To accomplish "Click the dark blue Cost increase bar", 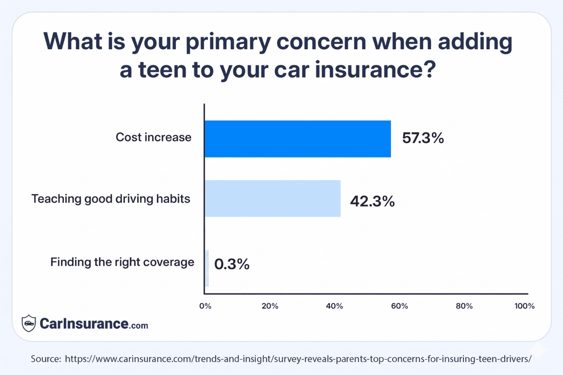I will (297, 139).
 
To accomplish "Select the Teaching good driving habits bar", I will (272, 198).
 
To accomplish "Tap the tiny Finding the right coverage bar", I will (207, 268).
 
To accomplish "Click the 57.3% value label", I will (423, 138).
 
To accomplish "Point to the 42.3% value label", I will (372, 201).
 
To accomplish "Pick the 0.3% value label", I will (232, 264).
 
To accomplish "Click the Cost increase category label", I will (153, 137).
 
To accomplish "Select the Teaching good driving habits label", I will (111, 199).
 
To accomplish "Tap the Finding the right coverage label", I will (122, 262).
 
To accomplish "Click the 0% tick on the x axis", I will (205, 306).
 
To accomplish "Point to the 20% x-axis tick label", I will (270, 306).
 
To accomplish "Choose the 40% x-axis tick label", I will (334, 306).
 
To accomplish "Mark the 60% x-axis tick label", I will (399, 306).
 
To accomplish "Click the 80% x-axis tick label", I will (464, 306).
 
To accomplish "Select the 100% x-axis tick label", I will (524, 306).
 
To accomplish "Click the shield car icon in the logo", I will (29, 323).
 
